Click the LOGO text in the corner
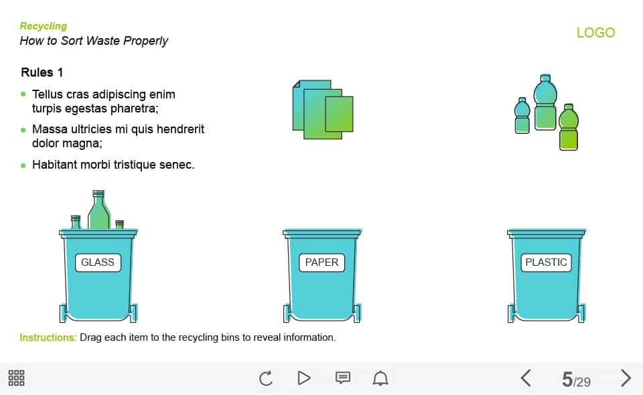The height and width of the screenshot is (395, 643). click(595, 32)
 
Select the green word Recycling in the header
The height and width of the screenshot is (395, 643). click(43, 26)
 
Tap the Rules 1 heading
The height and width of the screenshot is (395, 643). click(42, 72)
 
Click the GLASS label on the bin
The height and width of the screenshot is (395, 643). click(98, 262)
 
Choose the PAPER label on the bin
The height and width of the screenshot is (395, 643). click(322, 262)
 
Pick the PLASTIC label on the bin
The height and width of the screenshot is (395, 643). click(546, 262)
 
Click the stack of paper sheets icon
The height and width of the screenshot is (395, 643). click(323, 109)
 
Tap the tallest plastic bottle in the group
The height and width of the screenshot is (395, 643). click(545, 102)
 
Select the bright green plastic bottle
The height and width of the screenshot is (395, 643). click(569, 127)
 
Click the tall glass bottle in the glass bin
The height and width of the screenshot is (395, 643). click(99, 210)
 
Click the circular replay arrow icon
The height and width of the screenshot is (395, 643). click(266, 378)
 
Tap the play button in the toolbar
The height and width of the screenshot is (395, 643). click(304, 378)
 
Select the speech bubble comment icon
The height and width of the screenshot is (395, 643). click(343, 378)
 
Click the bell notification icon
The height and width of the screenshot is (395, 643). click(380, 378)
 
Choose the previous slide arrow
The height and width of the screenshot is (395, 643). click(526, 378)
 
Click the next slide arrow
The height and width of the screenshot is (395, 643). click(626, 378)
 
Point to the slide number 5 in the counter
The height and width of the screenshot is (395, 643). click(567, 379)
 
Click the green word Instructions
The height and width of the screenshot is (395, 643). click(48, 337)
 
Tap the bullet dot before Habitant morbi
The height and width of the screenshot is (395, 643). click(23, 165)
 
